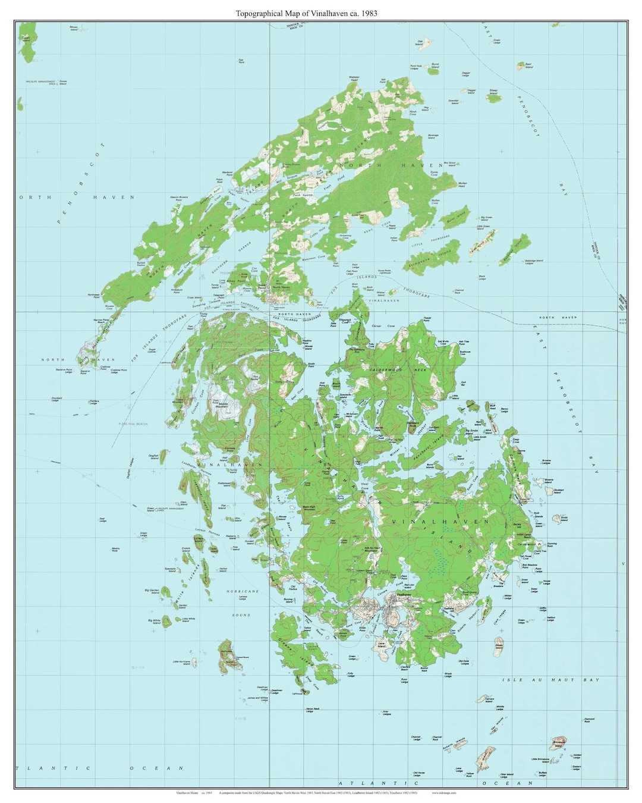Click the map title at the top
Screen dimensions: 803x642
point(306,12)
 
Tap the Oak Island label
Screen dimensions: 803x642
point(420,42)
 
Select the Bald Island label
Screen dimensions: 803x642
point(528,66)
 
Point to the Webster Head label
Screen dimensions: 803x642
point(354,79)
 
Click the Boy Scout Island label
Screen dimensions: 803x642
point(449,164)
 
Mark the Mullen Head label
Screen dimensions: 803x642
point(462,184)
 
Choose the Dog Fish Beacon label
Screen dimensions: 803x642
point(133,424)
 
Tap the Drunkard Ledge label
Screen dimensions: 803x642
point(56,399)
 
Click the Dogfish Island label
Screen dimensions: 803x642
point(154,457)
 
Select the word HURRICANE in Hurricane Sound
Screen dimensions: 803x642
point(242,591)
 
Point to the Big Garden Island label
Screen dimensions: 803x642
point(152,591)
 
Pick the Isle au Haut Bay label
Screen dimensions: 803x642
point(550,679)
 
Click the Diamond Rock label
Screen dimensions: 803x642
point(588,720)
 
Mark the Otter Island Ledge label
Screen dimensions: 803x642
point(506,775)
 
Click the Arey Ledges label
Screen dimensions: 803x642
point(386,713)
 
